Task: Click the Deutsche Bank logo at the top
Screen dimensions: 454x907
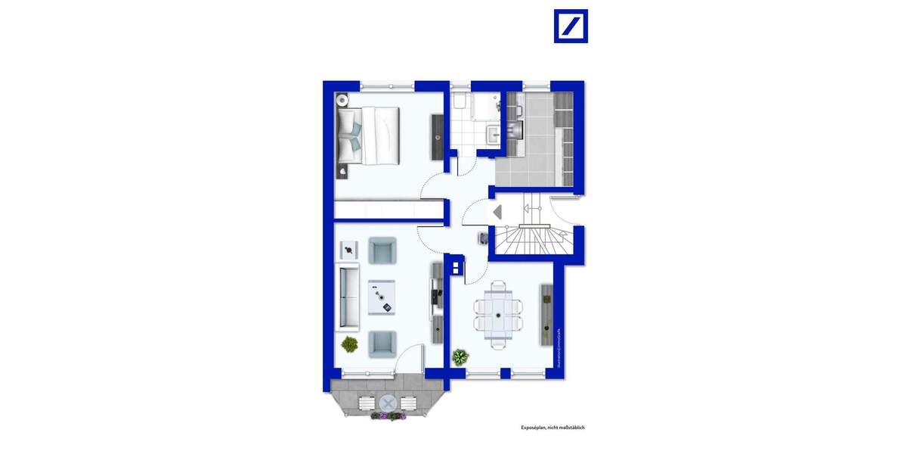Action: pos(571,26)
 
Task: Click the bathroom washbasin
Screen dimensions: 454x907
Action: pos(493,134)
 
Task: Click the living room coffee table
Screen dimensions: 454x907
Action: pos(382,297)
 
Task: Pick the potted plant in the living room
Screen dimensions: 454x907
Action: pos(349,344)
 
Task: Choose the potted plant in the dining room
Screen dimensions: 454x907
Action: pos(460,356)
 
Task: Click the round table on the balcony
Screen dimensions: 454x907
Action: pos(388,402)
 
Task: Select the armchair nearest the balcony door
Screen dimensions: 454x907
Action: pos(382,344)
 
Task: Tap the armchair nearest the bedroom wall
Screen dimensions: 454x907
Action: pos(382,250)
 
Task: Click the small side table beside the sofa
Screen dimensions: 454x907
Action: pos(349,248)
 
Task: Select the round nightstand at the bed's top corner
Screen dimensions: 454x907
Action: pos(342,98)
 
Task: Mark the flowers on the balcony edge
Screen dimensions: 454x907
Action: pos(388,415)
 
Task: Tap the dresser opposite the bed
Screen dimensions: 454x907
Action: pos(436,136)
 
